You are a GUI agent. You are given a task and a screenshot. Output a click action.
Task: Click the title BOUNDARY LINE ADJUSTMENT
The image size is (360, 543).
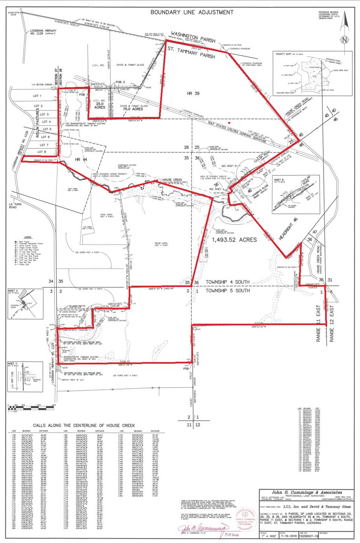point(192,12)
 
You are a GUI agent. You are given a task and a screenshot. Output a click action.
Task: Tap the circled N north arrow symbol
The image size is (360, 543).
point(344,40)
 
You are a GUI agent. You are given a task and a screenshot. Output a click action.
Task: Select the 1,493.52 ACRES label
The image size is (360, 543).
point(234,240)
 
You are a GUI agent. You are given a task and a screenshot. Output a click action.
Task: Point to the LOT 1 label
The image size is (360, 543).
point(37,96)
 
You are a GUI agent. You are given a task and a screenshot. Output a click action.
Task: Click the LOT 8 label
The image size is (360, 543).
point(42,152)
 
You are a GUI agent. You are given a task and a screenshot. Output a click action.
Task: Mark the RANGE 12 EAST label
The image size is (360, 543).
point(332,324)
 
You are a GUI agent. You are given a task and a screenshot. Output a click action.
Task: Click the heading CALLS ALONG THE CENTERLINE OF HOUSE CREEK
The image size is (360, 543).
point(84,425)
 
